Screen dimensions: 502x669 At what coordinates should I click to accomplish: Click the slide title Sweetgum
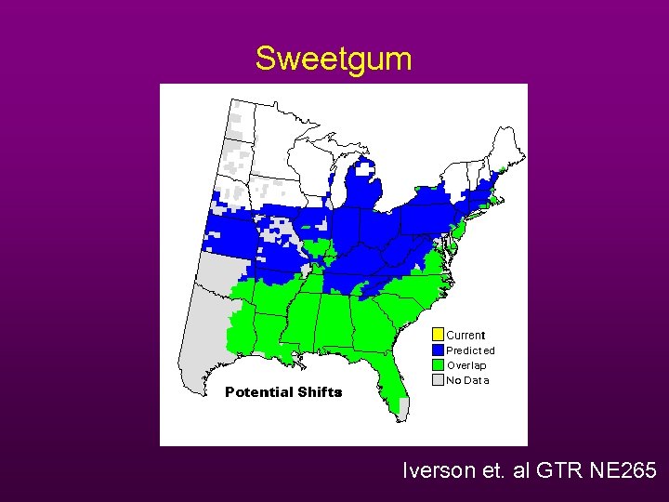point(334,59)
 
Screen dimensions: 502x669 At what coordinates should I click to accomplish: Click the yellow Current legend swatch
point(439,335)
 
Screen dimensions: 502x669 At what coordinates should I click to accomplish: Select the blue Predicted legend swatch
point(439,350)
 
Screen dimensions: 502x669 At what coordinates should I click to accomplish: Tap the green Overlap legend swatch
point(439,364)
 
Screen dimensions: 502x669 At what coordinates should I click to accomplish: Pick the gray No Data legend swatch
point(439,379)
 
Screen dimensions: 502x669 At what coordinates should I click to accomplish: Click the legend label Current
point(466,335)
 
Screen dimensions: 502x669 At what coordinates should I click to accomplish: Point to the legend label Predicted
point(470,350)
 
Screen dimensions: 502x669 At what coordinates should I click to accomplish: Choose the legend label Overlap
point(466,365)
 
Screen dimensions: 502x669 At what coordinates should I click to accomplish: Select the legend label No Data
point(467,380)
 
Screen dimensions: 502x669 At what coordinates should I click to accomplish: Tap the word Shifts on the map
point(320,392)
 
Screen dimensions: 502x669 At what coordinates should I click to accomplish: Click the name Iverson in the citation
point(436,471)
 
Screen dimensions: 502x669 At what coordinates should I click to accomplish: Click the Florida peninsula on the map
point(393,381)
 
